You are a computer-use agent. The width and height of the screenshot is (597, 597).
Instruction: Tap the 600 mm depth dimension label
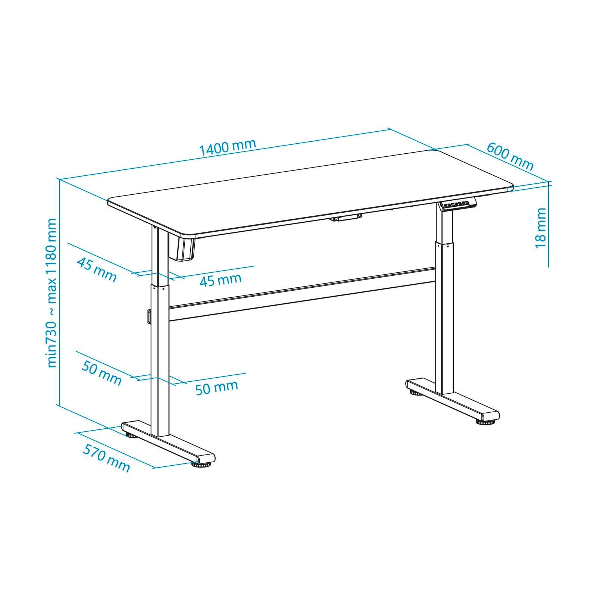point(510,156)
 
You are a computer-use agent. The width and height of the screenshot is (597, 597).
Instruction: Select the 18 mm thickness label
point(540,228)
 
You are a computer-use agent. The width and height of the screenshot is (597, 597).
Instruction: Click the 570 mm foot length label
point(106,458)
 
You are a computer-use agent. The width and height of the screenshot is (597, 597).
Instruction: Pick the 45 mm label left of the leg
point(97,270)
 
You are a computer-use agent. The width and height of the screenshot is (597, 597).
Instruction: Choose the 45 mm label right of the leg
point(221,279)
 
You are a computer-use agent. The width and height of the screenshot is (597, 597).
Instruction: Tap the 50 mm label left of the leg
point(101,373)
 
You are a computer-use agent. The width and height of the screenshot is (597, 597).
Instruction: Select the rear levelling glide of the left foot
point(131,434)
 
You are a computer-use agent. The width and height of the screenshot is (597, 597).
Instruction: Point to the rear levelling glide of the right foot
point(415,393)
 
